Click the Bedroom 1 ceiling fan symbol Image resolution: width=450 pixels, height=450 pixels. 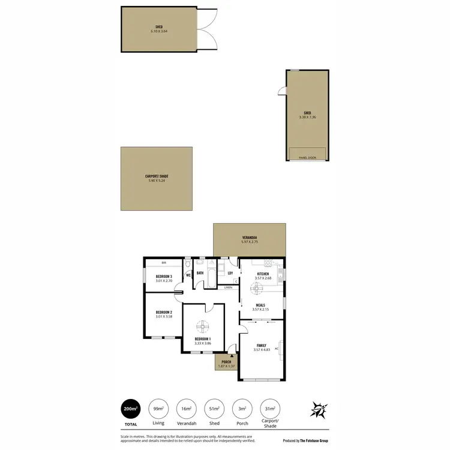[202, 327]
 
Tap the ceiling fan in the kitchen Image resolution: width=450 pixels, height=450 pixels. [258, 289]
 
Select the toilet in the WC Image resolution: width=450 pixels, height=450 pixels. [188, 264]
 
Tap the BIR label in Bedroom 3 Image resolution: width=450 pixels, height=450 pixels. [163, 263]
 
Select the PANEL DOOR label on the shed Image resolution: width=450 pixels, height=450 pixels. [307, 158]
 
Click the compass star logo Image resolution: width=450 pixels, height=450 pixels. [318, 409]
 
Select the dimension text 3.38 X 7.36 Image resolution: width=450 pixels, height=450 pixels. [307, 117]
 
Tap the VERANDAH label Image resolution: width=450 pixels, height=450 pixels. [250, 238]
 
